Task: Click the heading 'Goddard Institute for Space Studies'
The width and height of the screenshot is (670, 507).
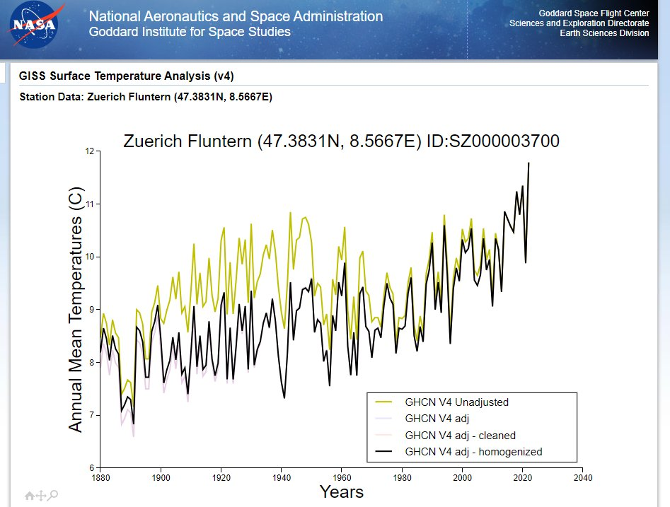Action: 190,33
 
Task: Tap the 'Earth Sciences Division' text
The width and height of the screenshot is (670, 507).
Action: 604,33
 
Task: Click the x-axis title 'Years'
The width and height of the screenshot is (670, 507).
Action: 341,491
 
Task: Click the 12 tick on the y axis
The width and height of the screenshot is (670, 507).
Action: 89,151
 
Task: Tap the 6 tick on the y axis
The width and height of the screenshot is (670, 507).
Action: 91,467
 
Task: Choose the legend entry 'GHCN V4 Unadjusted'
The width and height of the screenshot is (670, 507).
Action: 456,402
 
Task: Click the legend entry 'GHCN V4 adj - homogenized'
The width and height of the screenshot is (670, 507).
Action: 473,451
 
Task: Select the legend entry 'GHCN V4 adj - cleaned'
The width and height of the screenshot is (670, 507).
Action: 460,435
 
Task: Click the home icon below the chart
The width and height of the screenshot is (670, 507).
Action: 29,496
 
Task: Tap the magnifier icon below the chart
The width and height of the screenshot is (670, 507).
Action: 53,496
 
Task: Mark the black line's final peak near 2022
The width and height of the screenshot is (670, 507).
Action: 529,163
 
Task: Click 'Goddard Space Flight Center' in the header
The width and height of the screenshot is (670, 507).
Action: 594,13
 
